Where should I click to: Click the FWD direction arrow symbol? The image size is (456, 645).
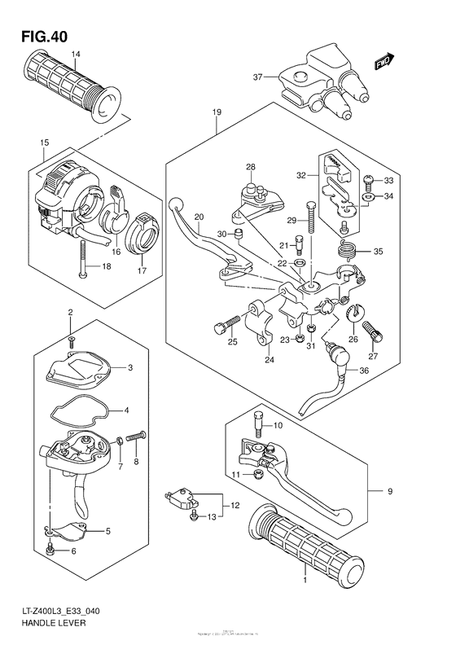coord(384,62)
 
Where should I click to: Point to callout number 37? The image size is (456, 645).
coord(257,77)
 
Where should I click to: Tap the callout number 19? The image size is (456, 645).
coord(217,112)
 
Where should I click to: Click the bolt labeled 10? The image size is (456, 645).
coord(259,423)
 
